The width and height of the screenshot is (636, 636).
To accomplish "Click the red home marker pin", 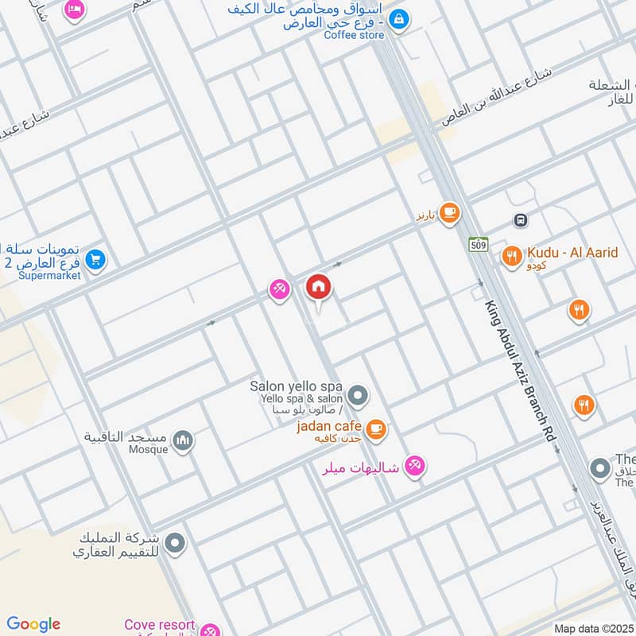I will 319,287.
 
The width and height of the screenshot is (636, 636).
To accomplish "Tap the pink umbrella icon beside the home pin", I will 279,289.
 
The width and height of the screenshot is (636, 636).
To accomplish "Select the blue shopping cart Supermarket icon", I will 95,259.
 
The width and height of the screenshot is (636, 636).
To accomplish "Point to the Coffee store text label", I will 353,35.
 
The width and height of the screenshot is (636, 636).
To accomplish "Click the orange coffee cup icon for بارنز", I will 450,212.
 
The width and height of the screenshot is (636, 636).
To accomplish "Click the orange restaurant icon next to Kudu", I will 511,256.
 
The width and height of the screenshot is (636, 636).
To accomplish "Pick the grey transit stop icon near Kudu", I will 521,220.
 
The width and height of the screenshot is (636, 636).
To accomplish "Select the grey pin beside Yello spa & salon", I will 359,394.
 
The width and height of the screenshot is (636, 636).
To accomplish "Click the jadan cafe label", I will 329,427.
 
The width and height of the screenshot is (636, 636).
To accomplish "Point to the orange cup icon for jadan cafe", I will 377,430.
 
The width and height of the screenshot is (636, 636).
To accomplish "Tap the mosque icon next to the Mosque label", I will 184,440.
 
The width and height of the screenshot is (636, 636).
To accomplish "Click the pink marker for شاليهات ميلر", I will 413,466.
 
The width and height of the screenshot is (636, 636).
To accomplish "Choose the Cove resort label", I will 159,625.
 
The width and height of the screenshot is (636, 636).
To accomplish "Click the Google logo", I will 33,624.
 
